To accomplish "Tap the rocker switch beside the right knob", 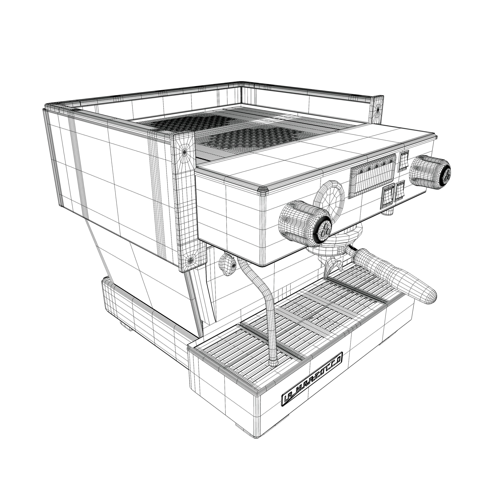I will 403,161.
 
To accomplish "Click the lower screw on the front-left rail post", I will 191,259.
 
